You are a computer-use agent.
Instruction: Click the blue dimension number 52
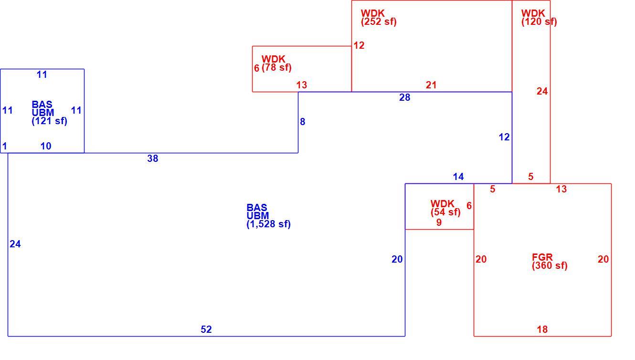[206, 329]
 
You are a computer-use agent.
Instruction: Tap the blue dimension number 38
[152, 159]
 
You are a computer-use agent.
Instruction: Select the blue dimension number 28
[404, 97]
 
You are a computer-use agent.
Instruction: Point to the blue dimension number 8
[303, 122]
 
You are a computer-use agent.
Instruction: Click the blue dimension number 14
[458, 177]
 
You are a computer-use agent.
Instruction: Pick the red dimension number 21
[431, 85]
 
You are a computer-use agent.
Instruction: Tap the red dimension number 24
[542, 91]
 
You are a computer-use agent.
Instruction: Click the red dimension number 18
[542, 329]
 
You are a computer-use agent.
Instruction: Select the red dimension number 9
[439, 222]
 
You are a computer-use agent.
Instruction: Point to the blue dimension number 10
[46, 146]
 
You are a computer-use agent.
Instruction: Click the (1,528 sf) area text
[268, 224]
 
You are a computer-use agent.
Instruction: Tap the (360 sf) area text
[550, 265]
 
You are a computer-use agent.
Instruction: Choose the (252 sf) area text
[379, 22]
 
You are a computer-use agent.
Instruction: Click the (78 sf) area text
[276, 68]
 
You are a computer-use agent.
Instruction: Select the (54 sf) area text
[445, 212]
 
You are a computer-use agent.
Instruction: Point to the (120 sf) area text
[539, 22]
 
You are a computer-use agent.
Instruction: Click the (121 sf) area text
[49, 121]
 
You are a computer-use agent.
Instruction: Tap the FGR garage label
[542, 257]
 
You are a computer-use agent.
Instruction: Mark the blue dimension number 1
[5, 146]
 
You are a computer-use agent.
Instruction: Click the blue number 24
[15, 244]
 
